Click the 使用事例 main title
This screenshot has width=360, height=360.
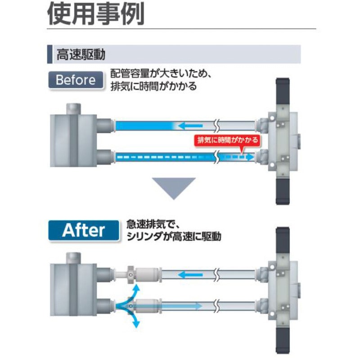tap(96, 14)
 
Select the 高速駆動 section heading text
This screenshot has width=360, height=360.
tap(81, 54)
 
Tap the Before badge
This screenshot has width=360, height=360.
tap(76, 80)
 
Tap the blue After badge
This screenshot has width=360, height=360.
tap(84, 230)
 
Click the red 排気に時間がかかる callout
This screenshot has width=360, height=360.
tap(227, 140)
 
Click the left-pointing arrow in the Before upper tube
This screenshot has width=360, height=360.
tap(190, 126)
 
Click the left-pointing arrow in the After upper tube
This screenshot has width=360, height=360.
tap(190, 275)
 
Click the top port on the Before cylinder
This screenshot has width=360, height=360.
tap(73, 109)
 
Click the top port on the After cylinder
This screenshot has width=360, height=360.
tap(73, 258)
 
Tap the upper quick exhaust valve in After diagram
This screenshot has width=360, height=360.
tap(144, 274)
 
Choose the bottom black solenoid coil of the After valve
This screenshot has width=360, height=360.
tap(283, 341)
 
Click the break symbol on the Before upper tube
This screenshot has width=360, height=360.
tap(216, 126)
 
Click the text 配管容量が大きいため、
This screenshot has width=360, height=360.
tap(161, 74)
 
